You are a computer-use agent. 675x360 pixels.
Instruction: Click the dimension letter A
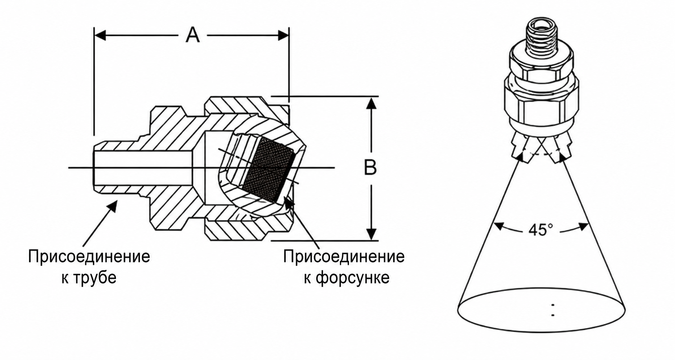click(x=193, y=35)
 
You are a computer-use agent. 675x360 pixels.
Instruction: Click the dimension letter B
click(x=370, y=167)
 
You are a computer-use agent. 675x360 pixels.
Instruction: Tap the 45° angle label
click(x=541, y=230)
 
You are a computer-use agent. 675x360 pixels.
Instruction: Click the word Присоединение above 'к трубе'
click(x=89, y=257)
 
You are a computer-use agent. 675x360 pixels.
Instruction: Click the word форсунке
click(x=352, y=278)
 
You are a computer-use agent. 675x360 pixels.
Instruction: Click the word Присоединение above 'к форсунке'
click(x=344, y=257)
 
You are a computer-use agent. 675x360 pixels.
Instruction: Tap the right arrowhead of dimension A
click(x=283, y=35)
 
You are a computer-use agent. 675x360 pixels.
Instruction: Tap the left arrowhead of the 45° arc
click(x=498, y=226)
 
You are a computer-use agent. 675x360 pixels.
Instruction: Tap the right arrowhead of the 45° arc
click(x=583, y=226)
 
